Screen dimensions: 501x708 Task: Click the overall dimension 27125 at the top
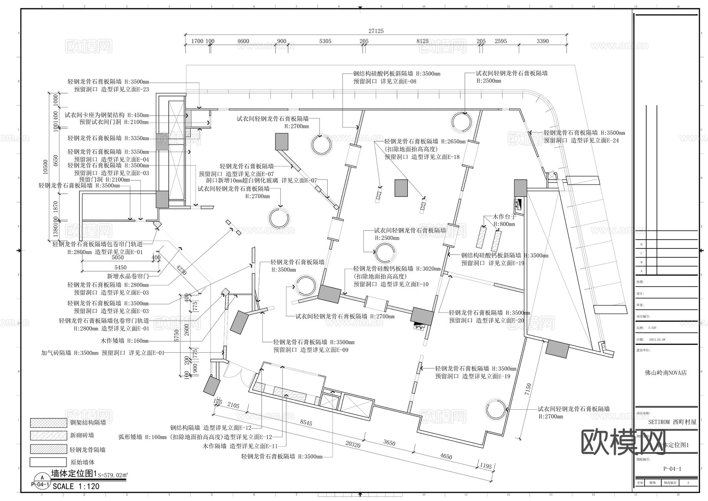coord(376,31)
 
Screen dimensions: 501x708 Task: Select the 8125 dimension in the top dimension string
coord(422,41)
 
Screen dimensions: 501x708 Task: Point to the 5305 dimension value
coord(325,41)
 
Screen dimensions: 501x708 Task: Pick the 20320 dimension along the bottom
coord(352,444)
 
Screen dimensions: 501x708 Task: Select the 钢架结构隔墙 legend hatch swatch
coord(48,423)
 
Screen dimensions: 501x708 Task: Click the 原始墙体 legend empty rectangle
coord(48,462)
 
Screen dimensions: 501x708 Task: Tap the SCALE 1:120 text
coord(76,486)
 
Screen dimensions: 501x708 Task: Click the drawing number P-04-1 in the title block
coord(672,469)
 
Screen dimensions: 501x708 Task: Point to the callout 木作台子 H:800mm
coord(504,220)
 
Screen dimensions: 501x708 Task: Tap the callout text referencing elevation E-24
coord(581,141)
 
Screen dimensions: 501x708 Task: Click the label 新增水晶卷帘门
coord(128,276)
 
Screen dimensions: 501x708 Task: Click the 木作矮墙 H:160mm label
coord(125,341)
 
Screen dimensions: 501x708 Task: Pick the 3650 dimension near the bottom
coord(389,443)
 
